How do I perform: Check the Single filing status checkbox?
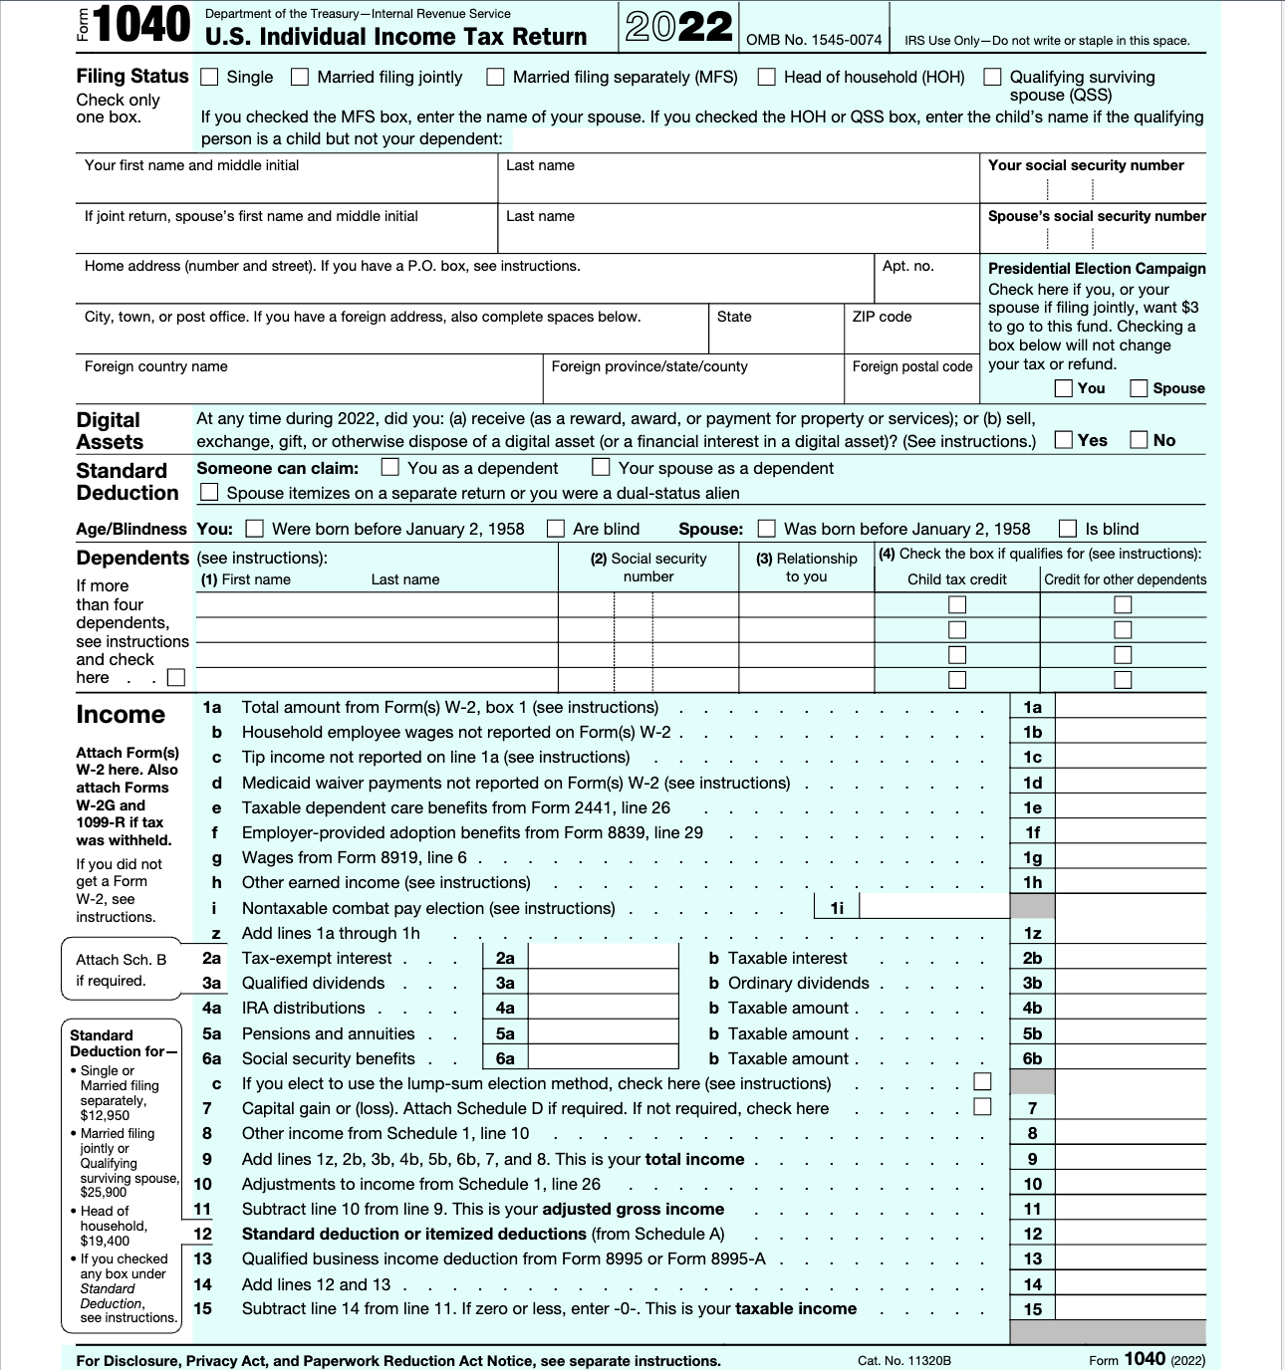[209, 77]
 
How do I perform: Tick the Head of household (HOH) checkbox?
[766, 77]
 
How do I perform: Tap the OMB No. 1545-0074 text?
[814, 40]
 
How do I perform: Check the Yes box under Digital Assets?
[1064, 439]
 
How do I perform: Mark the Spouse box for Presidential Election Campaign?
[1139, 388]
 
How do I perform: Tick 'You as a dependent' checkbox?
[390, 467]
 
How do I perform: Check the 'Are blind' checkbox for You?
[556, 529]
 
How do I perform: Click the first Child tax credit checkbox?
[957, 604]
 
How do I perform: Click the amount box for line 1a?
[1130, 707]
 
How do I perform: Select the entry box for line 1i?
[933, 907]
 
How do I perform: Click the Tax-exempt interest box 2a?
[602, 958]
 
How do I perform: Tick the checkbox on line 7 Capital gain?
[982, 1106]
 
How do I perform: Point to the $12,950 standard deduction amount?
[105, 1115]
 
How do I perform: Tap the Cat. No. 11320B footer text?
[903, 1360]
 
